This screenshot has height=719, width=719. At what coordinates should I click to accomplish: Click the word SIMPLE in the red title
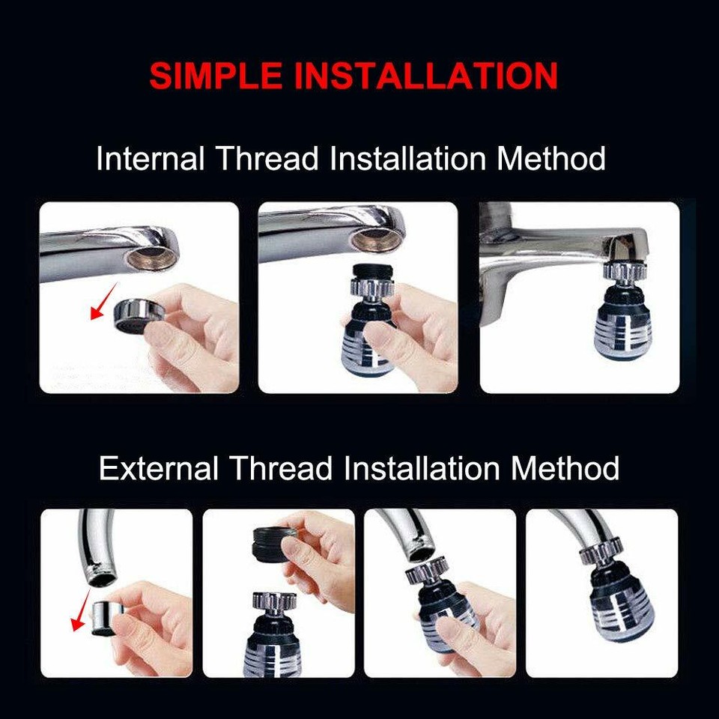[213, 76]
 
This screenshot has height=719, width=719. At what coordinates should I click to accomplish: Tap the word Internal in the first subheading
[150, 160]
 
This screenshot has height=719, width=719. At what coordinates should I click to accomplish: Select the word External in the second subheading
[158, 469]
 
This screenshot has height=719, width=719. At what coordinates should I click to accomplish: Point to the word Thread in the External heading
[280, 469]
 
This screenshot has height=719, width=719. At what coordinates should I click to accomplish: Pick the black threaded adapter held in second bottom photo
[274, 541]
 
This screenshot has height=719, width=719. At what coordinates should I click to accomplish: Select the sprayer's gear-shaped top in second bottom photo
[268, 599]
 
